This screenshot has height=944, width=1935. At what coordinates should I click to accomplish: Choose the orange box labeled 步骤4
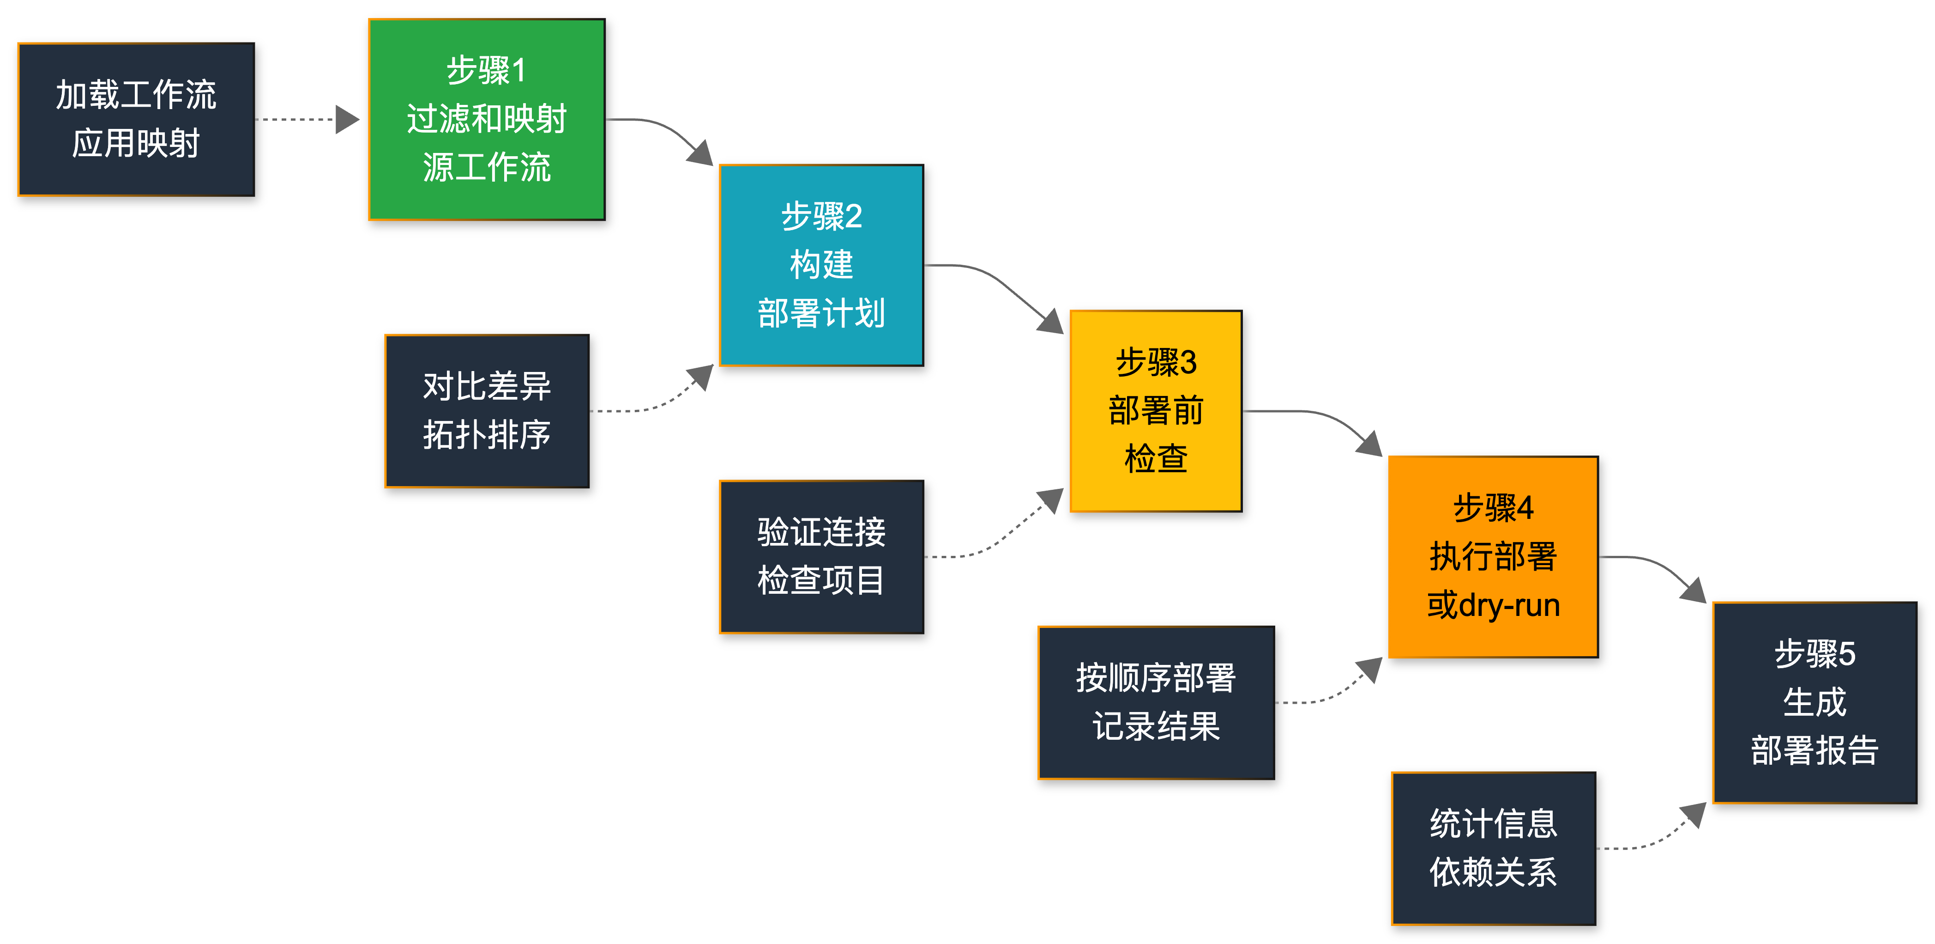click(x=1493, y=557)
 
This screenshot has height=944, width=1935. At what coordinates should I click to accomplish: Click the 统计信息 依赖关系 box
click(x=1493, y=848)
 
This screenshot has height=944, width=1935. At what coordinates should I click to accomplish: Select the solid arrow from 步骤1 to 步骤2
click(x=661, y=128)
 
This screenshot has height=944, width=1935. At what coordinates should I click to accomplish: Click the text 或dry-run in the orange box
click(x=1493, y=605)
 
